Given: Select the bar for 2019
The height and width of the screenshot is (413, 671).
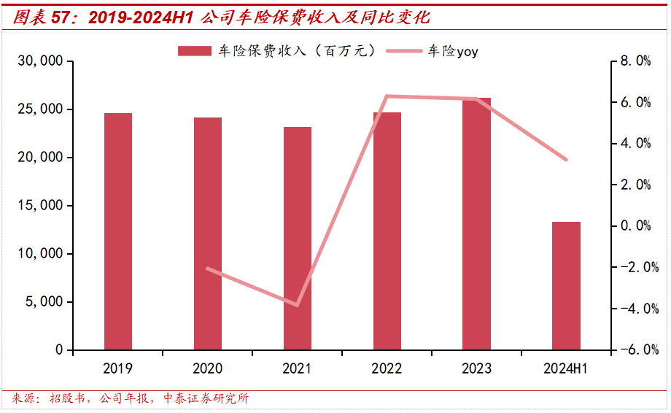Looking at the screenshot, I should (118, 231).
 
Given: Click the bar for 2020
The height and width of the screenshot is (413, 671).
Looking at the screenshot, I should (208, 233).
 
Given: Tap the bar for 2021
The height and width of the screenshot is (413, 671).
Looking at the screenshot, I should (298, 239).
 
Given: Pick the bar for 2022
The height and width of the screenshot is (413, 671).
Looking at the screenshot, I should (387, 231).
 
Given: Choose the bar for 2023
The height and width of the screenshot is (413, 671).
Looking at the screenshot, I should (477, 224).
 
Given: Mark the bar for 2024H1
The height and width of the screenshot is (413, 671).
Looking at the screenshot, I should (566, 286).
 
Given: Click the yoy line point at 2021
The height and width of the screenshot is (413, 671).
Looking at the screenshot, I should (298, 305).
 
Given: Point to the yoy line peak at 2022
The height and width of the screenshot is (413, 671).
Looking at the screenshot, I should (387, 96).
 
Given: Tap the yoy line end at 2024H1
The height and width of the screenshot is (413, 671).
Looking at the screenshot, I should (566, 160).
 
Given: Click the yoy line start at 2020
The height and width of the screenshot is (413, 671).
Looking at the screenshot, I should (208, 269).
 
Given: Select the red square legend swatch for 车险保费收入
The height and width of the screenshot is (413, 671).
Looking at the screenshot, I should (195, 51).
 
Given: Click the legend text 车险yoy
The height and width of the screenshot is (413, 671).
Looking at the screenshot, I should (453, 51).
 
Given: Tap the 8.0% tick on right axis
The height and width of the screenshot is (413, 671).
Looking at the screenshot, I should (635, 61).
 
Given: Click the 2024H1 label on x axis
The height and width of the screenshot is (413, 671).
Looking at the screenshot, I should (566, 368).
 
